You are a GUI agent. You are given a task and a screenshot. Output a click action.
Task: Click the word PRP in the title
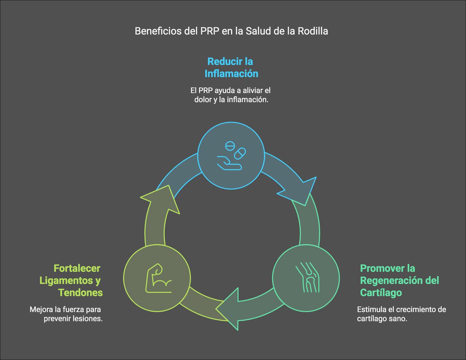[x=210, y=31]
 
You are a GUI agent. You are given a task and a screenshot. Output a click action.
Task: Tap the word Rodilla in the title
[x=313, y=31]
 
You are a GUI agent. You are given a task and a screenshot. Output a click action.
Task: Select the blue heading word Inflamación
[x=231, y=74]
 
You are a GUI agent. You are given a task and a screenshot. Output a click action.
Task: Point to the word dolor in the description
[x=203, y=99]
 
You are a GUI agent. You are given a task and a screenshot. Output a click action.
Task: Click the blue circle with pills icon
[x=231, y=156]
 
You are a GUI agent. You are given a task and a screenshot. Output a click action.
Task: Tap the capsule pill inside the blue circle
[x=240, y=153]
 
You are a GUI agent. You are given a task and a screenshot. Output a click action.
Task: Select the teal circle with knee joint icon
[x=306, y=279]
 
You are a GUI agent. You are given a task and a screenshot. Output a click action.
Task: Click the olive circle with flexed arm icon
[x=157, y=278]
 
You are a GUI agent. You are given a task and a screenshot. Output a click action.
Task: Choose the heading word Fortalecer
[x=77, y=269]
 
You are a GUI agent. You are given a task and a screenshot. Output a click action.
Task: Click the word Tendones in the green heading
[x=80, y=293]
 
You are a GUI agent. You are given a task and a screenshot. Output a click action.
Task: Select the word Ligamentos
[x=66, y=281]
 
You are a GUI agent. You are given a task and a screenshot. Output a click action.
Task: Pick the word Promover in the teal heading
[x=382, y=269]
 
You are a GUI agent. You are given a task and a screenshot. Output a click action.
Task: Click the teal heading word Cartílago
[x=381, y=293]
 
